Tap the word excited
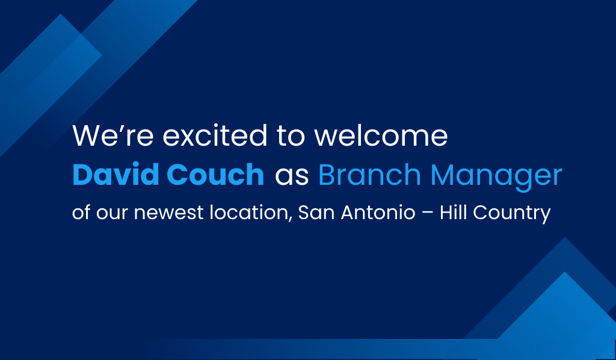pyautogui.click(x=215, y=135)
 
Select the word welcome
pyautogui.click(x=381, y=135)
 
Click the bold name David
pyautogui.click(x=116, y=174)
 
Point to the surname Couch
pyautogui.click(x=215, y=174)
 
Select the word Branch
pyautogui.click(x=370, y=174)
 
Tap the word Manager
pyautogui.click(x=496, y=176)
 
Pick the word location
pyautogui.click(x=249, y=213)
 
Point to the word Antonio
pyautogui.click(x=378, y=213)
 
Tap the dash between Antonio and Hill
pyautogui.click(x=428, y=213)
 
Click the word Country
pyautogui.click(x=512, y=213)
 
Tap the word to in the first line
pyautogui.click(x=291, y=136)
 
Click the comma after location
pyautogui.click(x=291, y=219)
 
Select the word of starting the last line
pyautogui.click(x=81, y=213)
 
